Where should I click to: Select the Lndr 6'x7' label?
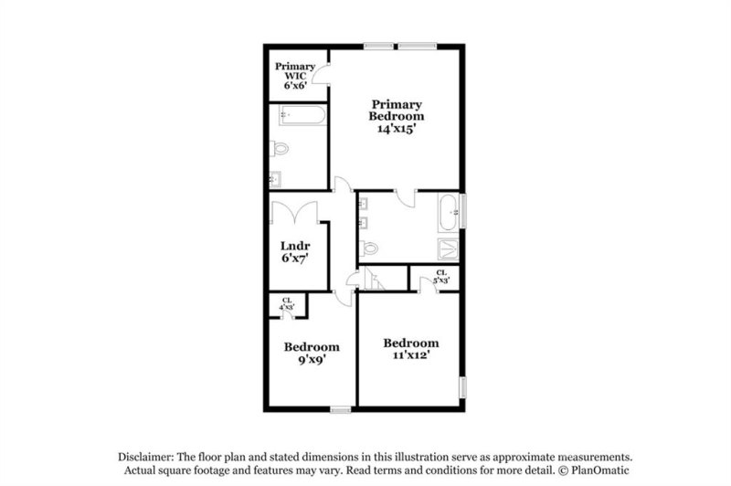tap(296, 252)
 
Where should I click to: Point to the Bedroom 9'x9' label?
tap(311, 353)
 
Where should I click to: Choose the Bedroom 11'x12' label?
tap(411, 349)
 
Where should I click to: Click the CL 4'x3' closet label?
tap(286, 304)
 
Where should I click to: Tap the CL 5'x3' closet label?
tap(441, 277)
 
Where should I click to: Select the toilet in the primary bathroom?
tap(280, 148)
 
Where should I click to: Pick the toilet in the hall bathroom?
tap(369, 247)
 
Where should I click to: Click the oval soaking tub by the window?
tap(450, 212)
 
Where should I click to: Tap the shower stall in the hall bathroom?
tap(450, 247)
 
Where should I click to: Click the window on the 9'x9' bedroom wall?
tap(341, 408)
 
